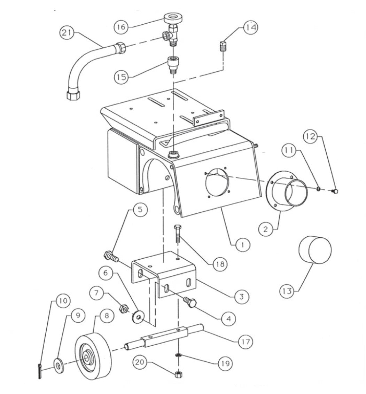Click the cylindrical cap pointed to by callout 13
tap(315, 250)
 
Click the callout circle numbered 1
tap(242, 245)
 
